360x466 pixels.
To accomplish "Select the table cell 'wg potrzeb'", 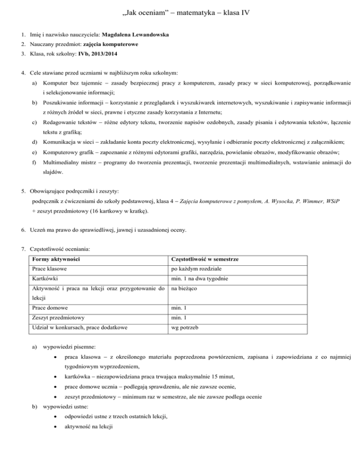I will pos(185,328).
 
